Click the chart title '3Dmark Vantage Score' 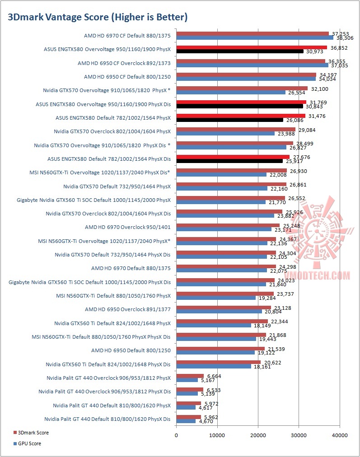(98, 17)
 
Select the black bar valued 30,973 (239, 51)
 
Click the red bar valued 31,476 (241, 116)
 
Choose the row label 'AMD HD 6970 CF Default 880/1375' (127, 35)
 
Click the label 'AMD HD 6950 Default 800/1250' (131, 350)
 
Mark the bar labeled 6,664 (190, 376)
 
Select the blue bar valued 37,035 (252, 65)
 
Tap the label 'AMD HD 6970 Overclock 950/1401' (128, 226)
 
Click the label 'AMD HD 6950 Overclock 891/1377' (128, 309)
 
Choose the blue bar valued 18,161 (214, 366)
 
